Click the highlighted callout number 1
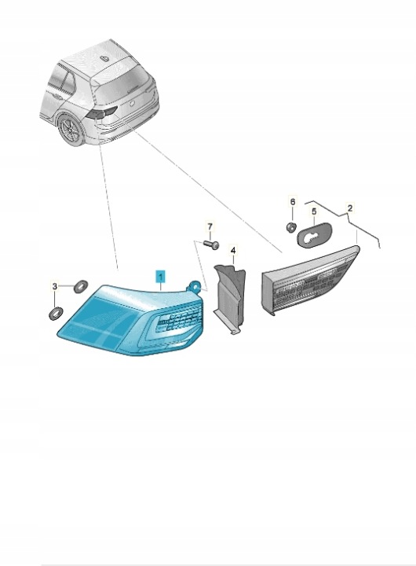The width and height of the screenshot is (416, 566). click(160, 277)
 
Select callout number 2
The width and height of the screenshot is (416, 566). click(349, 208)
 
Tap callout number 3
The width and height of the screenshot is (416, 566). click(54, 287)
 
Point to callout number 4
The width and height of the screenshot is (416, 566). click(233, 250)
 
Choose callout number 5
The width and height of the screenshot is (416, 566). click(314, 211)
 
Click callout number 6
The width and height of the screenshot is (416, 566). click(293, 201)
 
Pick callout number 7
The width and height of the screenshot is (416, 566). click(210, 226)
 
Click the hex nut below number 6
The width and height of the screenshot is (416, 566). click(291, 227)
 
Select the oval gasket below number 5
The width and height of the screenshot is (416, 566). click(314, 234)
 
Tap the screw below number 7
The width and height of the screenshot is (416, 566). click(211, 244)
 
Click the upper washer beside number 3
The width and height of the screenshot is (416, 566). click(80, 286)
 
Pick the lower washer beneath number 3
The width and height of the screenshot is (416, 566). click(55, 314)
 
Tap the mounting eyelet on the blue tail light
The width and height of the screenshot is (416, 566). click(194, 285)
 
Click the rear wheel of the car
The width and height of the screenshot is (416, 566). click(71, 130)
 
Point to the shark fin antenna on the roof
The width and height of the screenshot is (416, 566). click(105, 57)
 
